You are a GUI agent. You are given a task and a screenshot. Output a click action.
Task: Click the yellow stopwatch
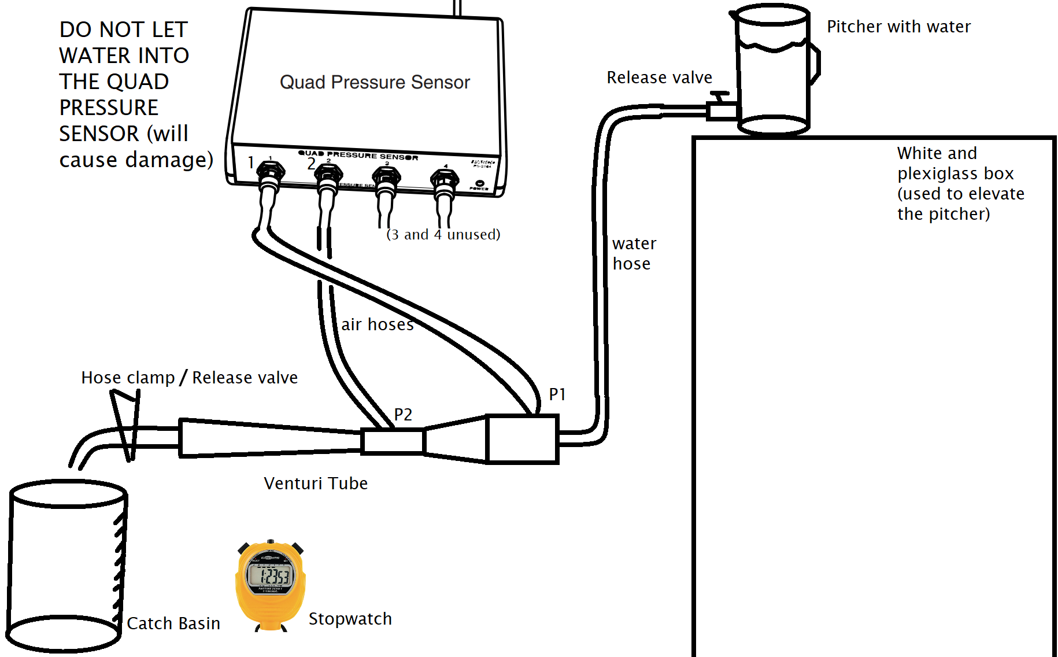270,584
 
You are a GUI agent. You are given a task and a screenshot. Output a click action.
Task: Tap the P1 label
557,394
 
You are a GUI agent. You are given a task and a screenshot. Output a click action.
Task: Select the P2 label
403,415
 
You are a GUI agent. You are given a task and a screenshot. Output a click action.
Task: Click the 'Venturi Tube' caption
316,483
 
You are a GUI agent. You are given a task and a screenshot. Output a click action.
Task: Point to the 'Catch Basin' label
173,623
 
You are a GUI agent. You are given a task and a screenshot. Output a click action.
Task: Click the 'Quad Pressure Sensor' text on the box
375,83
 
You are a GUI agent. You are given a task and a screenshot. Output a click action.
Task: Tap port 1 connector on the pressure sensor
270,172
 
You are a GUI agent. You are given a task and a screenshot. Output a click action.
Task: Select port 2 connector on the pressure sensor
328,174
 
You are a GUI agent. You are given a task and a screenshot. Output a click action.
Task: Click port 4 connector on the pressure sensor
445,179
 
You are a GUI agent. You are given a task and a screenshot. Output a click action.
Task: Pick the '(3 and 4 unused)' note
443,235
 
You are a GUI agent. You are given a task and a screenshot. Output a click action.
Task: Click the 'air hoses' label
377,325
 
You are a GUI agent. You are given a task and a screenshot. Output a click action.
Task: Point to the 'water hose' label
634,254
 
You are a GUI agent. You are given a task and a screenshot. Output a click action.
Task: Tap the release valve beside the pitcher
721,106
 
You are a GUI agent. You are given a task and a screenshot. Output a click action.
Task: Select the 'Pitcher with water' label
898,27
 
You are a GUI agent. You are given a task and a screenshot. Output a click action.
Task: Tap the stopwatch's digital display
270,575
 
